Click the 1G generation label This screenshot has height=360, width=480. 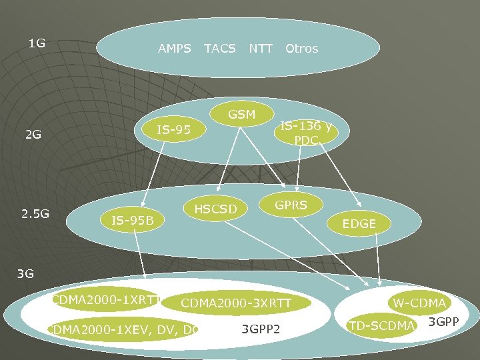37,44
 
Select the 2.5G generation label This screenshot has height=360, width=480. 35,214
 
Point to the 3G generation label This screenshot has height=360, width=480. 25,273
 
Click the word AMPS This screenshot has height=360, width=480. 174,49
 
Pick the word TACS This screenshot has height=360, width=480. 219,49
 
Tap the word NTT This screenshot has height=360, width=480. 261,49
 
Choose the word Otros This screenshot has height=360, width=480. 301,49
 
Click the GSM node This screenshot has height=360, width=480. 241,115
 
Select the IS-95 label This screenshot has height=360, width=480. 173,129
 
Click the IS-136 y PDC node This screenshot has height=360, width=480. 306,133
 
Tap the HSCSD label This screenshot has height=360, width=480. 215,210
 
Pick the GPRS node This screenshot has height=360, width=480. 291,205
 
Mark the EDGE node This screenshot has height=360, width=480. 359,224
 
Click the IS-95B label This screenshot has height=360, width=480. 133,219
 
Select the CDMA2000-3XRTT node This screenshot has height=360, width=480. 236,303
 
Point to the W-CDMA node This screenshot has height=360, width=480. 419,303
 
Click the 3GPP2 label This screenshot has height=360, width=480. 261,329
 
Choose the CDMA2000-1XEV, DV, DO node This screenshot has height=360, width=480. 123,328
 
